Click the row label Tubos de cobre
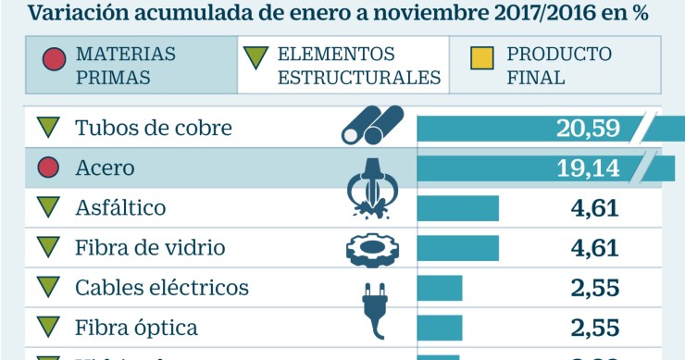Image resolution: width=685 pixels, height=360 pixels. (153, 128)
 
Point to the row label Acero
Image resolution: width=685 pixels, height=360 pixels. (105, 168)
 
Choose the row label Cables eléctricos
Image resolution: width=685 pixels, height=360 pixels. (161, 288)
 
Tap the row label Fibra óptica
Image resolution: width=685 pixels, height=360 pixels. (136, 328)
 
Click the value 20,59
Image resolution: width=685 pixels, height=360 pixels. (588, 128)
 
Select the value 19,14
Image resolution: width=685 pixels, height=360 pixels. (588, 168)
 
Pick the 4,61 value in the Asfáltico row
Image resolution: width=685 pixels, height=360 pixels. (594, 208)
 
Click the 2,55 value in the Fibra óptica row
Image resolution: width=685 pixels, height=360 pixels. (594, 328)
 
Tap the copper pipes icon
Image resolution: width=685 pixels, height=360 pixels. (372, 126)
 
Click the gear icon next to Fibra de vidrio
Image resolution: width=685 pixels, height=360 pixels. (373, 248)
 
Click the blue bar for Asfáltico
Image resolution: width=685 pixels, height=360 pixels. (458, 208)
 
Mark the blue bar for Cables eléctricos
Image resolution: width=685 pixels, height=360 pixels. (440, 288)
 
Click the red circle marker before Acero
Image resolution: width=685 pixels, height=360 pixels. (48, 168)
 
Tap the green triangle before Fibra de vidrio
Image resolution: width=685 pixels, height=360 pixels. (48, 247)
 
